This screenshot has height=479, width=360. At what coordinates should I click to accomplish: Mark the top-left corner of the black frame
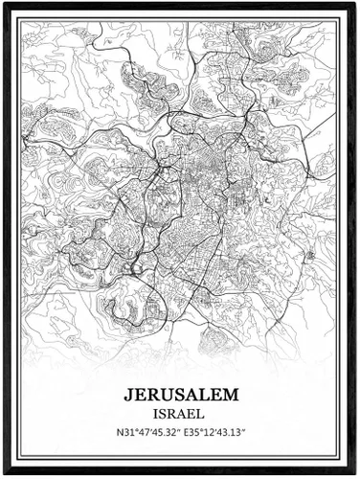coord(2,2)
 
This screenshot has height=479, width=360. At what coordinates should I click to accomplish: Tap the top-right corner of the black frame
coord(357,2)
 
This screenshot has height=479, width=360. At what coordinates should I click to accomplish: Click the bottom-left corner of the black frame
coord(2,476)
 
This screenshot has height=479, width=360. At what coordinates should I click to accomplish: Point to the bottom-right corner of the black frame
coord(357,476)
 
